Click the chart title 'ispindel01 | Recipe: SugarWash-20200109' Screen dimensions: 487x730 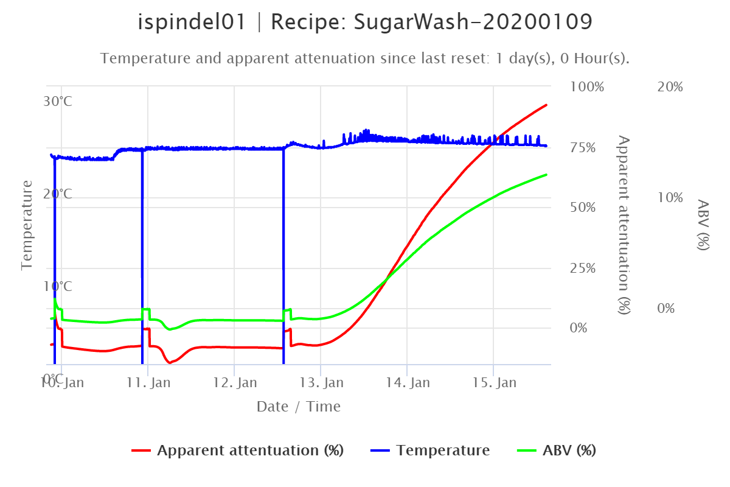coord(365,23)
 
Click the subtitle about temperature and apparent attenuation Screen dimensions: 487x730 coord(365,58)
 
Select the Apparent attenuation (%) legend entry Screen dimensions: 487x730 coord(249,450)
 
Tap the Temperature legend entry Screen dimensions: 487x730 coord(442,450)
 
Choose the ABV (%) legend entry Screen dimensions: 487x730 coord(568,450)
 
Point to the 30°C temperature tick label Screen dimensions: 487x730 coord(58,101)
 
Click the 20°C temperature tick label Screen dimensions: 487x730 coord(58,194)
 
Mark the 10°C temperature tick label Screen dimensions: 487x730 coord(58,286)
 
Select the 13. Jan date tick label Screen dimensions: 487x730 coord(322,383)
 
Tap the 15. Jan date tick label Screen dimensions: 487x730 coord(495,383)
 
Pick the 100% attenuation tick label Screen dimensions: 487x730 coord(587,86)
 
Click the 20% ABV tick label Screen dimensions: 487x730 coord(670,86)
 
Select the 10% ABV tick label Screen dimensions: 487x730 coord(670,198)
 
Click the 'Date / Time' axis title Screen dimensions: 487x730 coord(299,406)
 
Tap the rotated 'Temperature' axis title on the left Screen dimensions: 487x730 coord(27,225)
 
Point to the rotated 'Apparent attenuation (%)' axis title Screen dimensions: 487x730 coord(624,225)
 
